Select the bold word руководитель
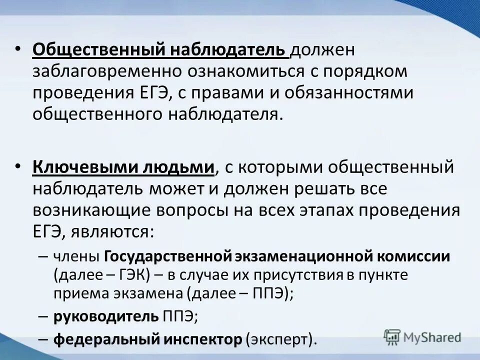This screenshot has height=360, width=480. tap(106, 316)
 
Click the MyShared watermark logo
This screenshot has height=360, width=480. tap(422, 336)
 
